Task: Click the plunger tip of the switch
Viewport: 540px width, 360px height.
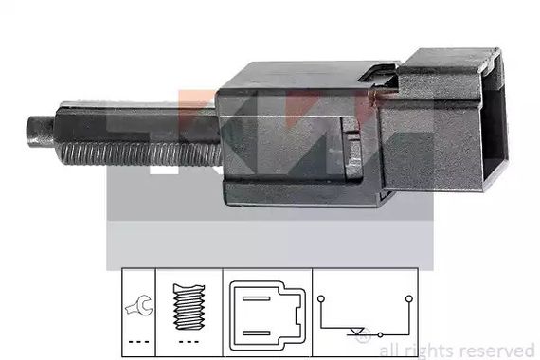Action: click(x=40, y=132)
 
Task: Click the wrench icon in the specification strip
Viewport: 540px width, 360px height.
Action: click(x=138, y=305)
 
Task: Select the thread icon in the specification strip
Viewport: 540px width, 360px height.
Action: click(x=189, y=307)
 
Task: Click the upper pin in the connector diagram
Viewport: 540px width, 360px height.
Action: click(x=256, y=298)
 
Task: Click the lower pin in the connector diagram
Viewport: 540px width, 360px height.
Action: click(x=256, y=333)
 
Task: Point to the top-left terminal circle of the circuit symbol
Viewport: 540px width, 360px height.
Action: click(x=321, y=298)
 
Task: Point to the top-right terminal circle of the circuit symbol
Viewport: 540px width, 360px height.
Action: click(x=409, y=298)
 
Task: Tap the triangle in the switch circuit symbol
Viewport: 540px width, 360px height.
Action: click(x=357, y=331)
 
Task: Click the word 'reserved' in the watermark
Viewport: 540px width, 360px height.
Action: click(x=497, y=351)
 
